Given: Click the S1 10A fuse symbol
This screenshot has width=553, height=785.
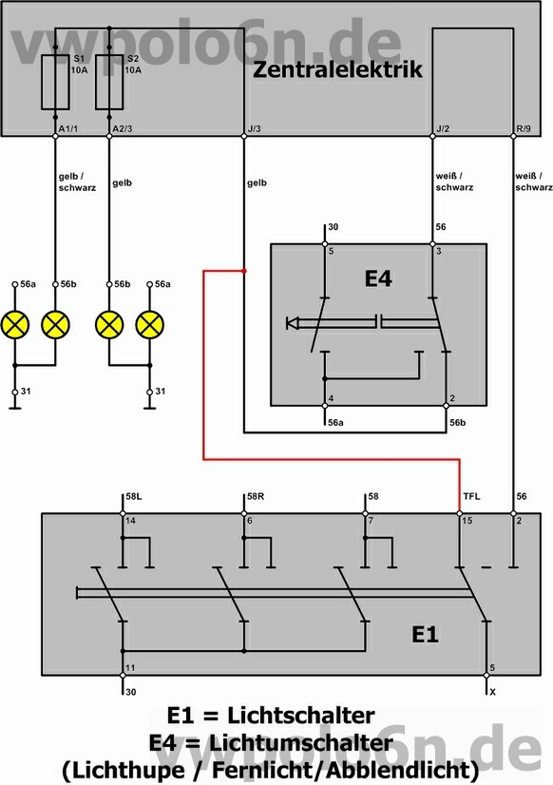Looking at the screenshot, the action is coord(55,82).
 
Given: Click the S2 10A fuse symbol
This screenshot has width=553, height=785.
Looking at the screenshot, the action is coord(109,82).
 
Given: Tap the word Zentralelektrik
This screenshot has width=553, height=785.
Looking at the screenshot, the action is coord(338,69).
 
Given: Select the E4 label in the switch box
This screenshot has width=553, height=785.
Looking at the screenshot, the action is coord(378,278).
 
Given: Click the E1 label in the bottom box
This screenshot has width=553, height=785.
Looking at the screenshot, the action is coord(425,634).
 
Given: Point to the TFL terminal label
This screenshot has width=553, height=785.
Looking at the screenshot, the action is coord(471,496).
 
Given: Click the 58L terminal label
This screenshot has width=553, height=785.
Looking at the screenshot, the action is coord(134,496).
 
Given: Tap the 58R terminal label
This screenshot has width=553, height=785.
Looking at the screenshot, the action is coord(256,496).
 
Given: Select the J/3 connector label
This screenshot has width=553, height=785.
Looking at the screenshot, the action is coord(255,128).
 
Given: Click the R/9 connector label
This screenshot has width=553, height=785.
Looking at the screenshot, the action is coord(523,128).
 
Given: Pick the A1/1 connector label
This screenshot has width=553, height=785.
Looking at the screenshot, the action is coord(68,128).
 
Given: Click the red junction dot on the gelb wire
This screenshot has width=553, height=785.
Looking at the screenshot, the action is coord(244,271).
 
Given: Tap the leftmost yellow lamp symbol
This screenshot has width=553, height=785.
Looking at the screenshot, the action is coord(15,324).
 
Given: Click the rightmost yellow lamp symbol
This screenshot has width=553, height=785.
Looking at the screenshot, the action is coord(149,324).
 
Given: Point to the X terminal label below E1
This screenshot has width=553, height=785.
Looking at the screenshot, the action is coord(492,692).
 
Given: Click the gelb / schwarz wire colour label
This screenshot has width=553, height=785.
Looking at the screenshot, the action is coord(77,182).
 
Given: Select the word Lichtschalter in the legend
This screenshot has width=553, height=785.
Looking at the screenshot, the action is coord(301,715).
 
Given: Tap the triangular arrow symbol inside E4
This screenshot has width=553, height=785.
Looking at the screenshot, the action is coord(293,323).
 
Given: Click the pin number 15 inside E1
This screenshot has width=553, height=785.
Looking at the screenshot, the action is coord(467,521).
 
